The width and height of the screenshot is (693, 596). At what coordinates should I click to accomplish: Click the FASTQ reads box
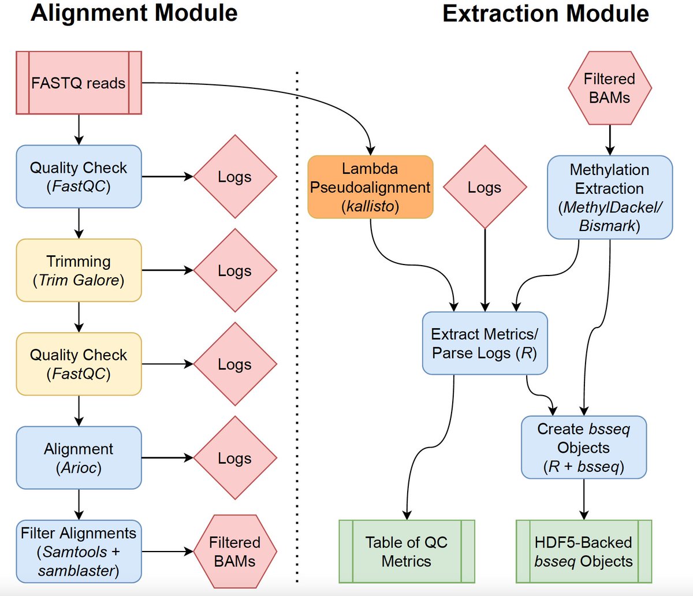tap(79, 83)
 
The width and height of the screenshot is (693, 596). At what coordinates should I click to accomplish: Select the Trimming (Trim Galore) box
tap(79, 270)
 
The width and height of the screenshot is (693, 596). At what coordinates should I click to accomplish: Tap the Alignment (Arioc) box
tap(79, 457)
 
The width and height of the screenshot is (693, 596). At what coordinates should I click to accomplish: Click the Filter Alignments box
tap(79, 552)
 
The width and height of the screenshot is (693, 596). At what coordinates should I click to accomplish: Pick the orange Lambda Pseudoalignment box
tap(371, 187)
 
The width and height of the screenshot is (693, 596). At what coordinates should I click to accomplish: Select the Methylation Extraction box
tap(610, 197)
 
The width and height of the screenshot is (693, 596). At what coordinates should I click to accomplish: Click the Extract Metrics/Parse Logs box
tap(485, 343)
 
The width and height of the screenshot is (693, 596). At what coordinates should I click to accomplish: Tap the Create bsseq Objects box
tap(584, 447)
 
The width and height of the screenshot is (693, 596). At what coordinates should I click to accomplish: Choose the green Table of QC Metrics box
tap(407, 552)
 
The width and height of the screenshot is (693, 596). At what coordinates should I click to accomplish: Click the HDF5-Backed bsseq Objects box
tap(584, 552)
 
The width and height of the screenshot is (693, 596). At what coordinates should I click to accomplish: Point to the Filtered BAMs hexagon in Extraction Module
tap(610, 88)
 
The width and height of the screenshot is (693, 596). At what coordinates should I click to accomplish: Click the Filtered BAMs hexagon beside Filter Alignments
tap(235, 552)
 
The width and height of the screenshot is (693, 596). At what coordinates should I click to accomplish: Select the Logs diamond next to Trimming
tap(235, 270)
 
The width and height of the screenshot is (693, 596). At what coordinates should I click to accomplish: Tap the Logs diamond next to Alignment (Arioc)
tap(235, 457)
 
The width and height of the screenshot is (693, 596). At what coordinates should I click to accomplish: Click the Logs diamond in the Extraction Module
tap(485, 187)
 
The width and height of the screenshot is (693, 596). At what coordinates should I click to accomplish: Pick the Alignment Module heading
tap(134, 13)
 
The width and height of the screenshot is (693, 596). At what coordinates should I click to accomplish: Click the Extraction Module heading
tap(546, 14)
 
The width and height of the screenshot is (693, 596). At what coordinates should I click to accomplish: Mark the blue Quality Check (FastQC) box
tap(79, 176)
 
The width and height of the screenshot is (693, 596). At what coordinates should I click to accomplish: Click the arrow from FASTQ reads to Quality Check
tap(79, 130)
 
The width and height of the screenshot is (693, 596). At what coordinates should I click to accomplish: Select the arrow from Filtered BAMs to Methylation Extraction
tap(610, 140)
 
